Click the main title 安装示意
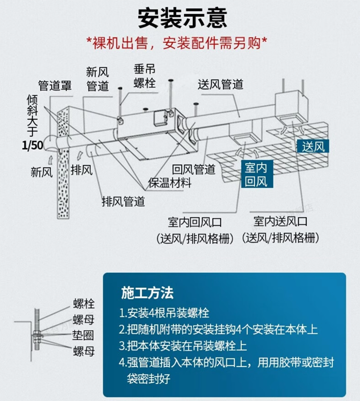(x=183, y=18)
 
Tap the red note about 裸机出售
(x=177, y=43)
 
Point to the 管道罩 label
(x=55, y=85)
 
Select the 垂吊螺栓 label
(x=144, y=76)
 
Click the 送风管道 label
(x=221, y=84)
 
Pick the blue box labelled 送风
(x=313, y=147)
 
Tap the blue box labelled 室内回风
(x=257, y=174)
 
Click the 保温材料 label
(x=170, y=183)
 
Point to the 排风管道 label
(x=123, y=201)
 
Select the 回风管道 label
(x=194, y=169)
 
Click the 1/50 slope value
(x=32, y=145)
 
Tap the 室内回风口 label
(x=195, y=222)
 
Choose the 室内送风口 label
(x=280, y=221)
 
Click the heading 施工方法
(x=147, y=293)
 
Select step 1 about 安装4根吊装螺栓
(x=164, y=313)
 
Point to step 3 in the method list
(x=183, y=346)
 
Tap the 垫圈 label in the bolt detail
(x=83, y=335)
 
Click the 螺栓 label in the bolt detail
(x=84, y=303)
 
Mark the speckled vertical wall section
(x=63, y=162)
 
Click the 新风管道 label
(x=98, y=79)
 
